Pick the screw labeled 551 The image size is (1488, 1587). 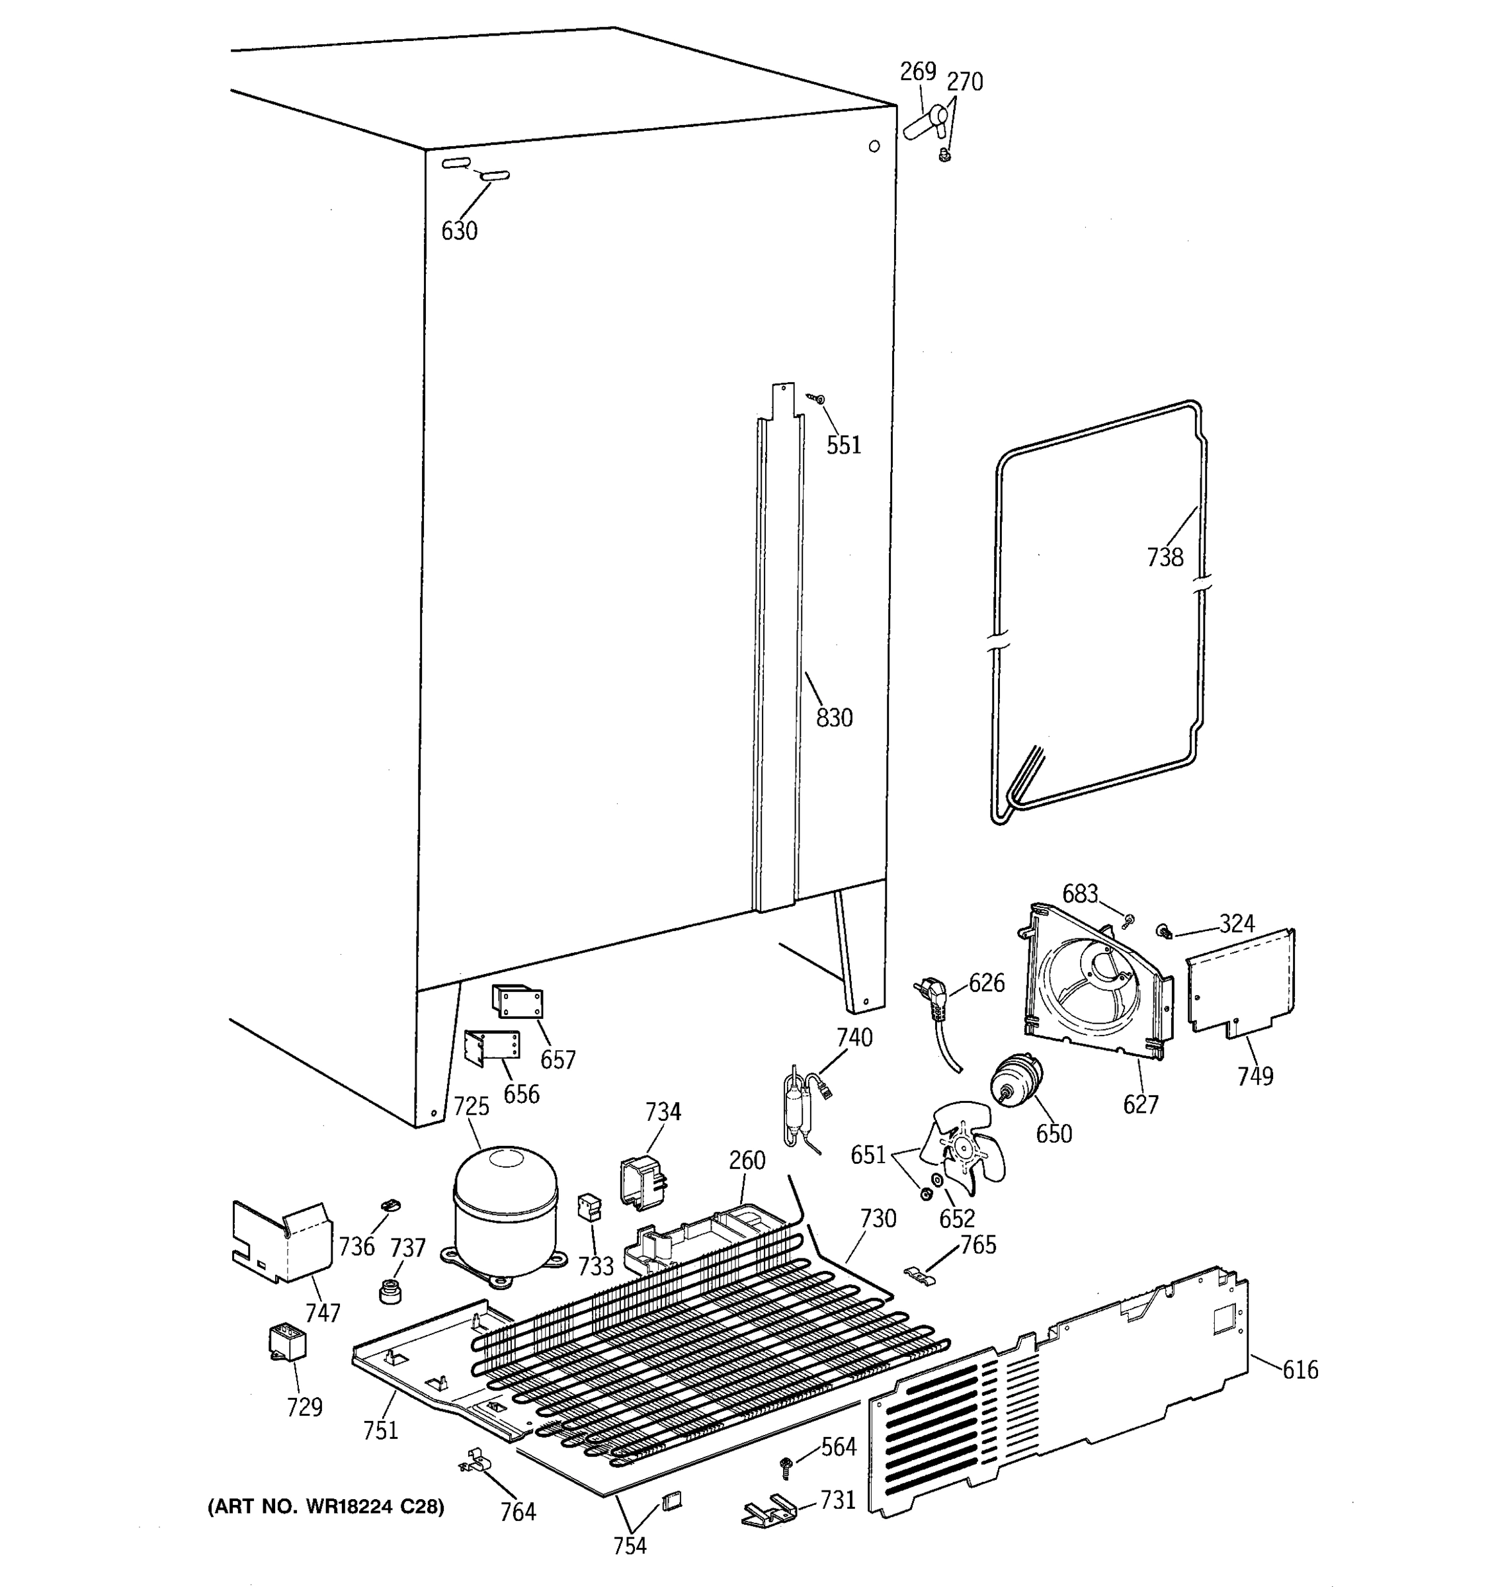click(x=817, y=397)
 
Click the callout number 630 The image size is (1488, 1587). click(x=459, y=231)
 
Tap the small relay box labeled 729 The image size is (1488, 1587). click(x=286, y=1342)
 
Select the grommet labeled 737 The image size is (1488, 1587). click(x=390, y=1291)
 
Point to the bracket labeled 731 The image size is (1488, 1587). click(x=768, y=1511)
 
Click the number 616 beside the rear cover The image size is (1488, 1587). click(x=1300, y=1370)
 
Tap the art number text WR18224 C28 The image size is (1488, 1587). click(x=325, y=1506)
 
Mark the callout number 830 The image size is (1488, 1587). click(x=834, y=717)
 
